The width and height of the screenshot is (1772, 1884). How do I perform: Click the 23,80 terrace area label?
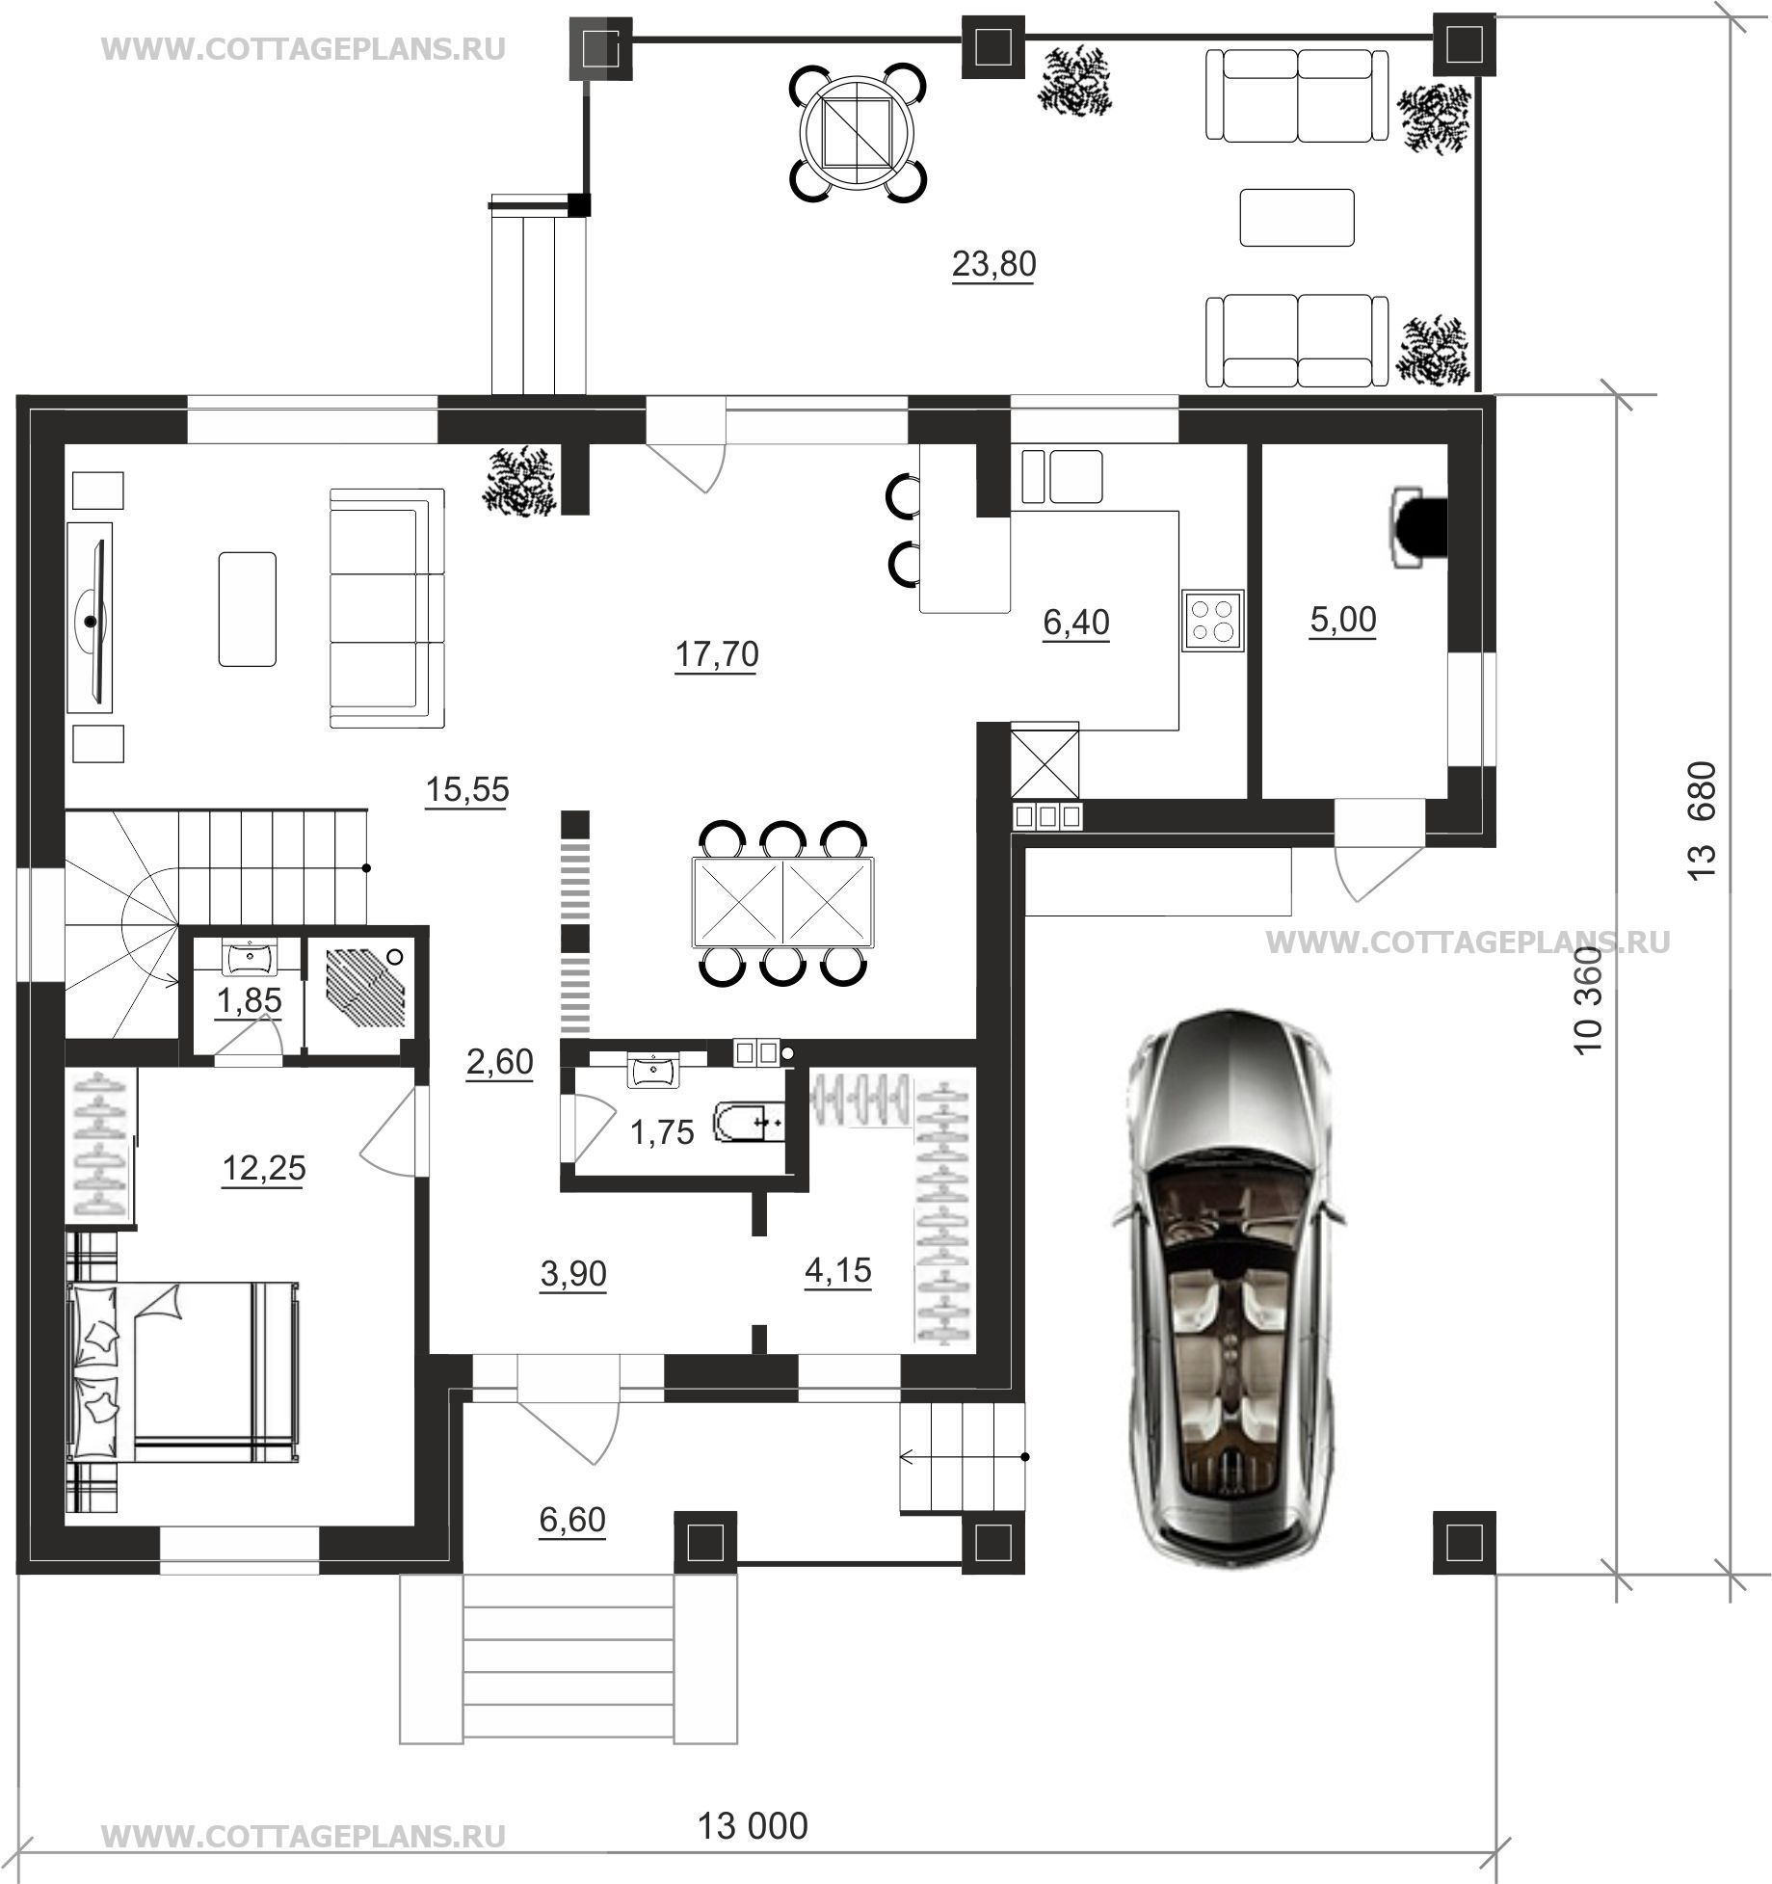pos(993,263)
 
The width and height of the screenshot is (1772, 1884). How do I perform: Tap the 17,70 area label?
pos(716,654)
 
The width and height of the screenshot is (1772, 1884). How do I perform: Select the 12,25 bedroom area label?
pos(264,1168)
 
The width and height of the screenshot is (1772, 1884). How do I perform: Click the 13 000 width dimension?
pos(753,1825)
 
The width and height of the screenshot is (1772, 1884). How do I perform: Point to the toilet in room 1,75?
pos(750,1123)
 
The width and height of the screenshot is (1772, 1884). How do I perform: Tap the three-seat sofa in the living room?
pos(386,608)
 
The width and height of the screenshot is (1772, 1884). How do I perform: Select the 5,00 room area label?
pos(1343,620)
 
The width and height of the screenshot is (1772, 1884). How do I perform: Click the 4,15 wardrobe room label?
pos(837,1270)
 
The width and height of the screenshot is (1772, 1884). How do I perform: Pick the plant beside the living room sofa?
pos(521,479)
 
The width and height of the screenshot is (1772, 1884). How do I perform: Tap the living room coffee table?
pos(248,608)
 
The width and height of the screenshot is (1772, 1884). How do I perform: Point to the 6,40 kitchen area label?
pos(1076,623)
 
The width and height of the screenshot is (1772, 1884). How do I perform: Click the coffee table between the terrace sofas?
pos(1297,217)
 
